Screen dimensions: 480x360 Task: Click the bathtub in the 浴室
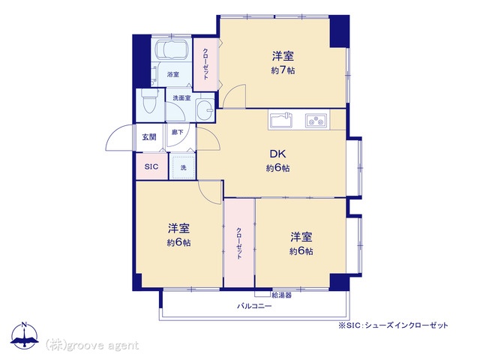(172, 49)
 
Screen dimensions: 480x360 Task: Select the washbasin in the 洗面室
(205, 109)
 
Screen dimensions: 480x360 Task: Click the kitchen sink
(280, 120)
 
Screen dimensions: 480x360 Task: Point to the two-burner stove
(316, 120)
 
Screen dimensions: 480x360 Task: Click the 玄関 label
(149, 136)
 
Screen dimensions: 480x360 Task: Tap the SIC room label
(151, 166)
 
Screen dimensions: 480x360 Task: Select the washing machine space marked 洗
(183, 167)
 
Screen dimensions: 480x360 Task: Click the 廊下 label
(177, 132)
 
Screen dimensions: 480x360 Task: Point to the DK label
(278, 154)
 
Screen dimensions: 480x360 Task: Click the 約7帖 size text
(283, 70)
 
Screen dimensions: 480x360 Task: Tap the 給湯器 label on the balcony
(282, 295)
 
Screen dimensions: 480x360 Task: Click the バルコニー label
(254, 306)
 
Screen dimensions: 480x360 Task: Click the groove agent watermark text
(92, 346)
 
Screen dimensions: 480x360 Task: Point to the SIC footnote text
(393, 325)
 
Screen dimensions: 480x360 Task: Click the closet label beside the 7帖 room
(205, 64)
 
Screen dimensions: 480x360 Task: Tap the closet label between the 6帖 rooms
(238, 243)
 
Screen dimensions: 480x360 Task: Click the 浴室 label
(173, 74)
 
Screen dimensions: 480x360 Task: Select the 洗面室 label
(181, 98)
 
